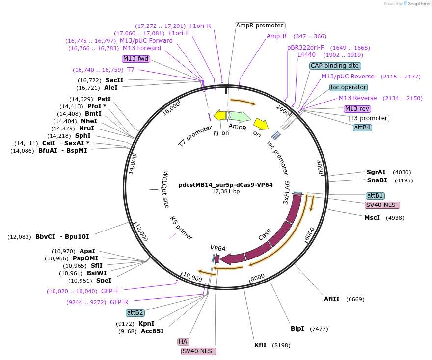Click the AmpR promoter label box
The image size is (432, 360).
point(260,26)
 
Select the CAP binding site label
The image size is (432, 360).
point(335,66)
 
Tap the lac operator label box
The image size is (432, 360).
point(349,87)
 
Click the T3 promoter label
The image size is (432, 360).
point(369,118)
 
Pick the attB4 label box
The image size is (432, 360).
point(362,128)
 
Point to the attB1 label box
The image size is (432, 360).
point(375,195)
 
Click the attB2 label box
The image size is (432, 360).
point(135,312)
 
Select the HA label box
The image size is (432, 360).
point(183,341)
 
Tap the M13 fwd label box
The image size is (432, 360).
point(135,59)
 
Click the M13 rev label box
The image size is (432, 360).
point(357,109)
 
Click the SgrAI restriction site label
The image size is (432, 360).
point(376,172)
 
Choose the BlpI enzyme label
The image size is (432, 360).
point(297,329)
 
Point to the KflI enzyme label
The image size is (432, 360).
point(260,345)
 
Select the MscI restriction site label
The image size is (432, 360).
point(372,218)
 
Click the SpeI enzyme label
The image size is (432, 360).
point(104,281)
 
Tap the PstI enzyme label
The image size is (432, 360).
point(104,99)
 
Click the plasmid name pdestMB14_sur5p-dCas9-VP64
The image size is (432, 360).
point(225,185)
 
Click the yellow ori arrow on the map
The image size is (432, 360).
point(260,127)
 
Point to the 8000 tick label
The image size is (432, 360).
point(258,278)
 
